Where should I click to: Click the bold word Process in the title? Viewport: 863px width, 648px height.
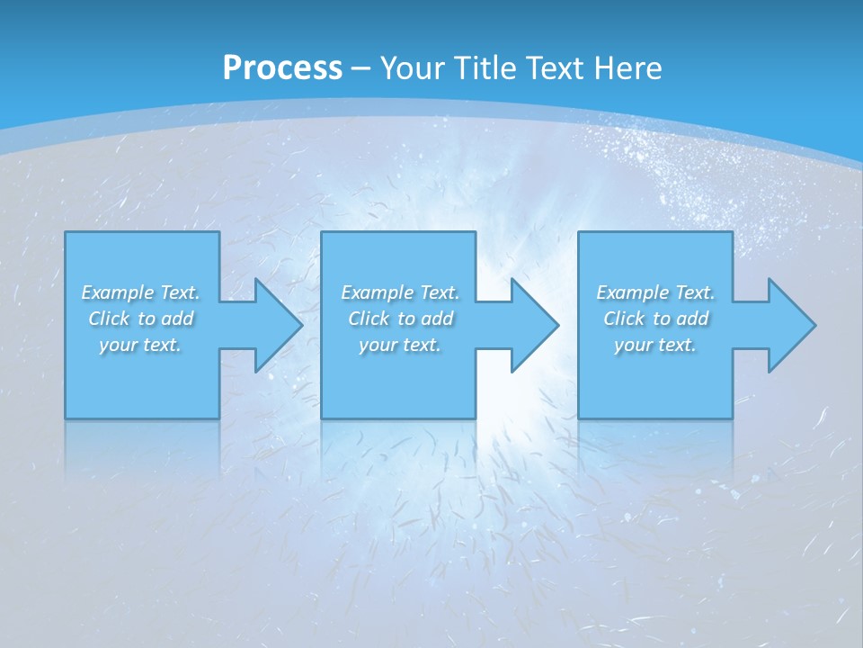tap(282, 68)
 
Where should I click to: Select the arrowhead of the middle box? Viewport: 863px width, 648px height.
tap(533, 325)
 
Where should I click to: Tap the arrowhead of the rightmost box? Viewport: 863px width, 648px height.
tap(790, 325)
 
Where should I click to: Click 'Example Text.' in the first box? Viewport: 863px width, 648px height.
tap(140, 292)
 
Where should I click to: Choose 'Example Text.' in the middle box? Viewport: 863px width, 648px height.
tap(400, 292)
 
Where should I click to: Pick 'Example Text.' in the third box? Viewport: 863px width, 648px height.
tap(655, 292)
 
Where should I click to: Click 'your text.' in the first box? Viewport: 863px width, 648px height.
tap(140, 345)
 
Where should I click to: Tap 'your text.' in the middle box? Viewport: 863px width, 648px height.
tap(400, 345)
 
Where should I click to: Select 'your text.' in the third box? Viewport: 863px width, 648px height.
tap(655, 345)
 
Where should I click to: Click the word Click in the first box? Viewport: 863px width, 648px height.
tap(109, 319)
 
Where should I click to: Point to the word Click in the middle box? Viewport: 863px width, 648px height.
tap(369, 319)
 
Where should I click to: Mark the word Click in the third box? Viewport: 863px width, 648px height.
tap(624, 319)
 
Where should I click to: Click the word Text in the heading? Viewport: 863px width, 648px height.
tap(556, 68)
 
